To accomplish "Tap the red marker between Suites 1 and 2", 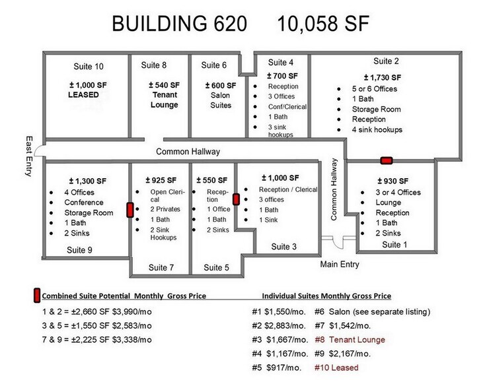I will coord(387,160).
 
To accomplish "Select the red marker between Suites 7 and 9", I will coord(130,210).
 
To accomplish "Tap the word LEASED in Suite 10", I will coord(83,95).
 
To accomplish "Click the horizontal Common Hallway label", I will coord(188,152).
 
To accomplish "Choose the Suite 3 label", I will coord(284,247).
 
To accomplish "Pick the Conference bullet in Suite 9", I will coord(83,203).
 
